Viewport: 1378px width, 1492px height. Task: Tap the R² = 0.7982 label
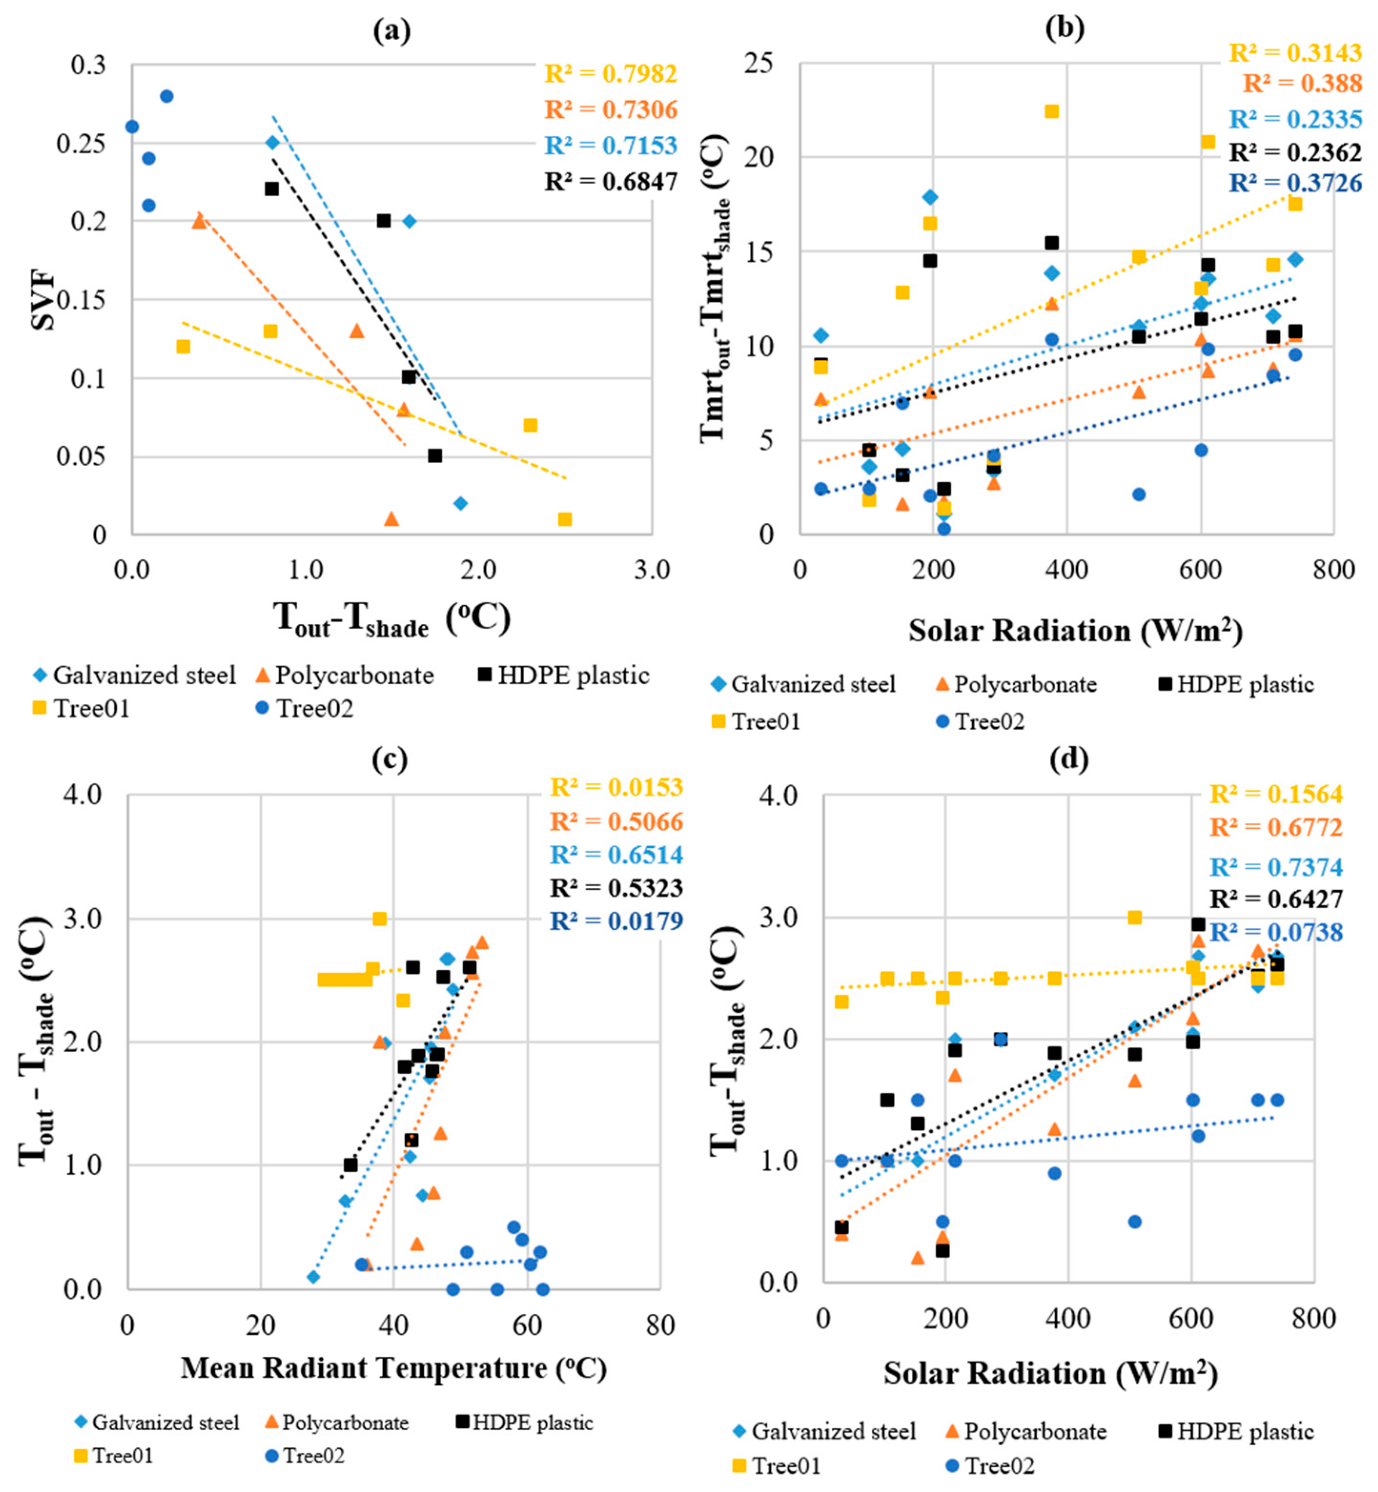(x=611, y=74)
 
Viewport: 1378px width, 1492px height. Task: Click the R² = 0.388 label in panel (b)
(x=1302, y=83)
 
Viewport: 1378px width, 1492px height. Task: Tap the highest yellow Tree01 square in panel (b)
(x=1051, y=111)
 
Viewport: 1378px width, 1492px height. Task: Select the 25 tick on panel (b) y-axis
(x=759, y=62)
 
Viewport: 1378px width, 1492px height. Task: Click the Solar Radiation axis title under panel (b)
(x=1074, y=631)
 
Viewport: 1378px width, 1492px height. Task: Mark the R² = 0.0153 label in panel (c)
(x=616, y=787)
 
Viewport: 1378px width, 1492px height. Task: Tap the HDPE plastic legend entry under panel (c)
(x=524, y=1422)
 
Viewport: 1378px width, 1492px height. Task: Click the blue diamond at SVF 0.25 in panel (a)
(x=272, y=142)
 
